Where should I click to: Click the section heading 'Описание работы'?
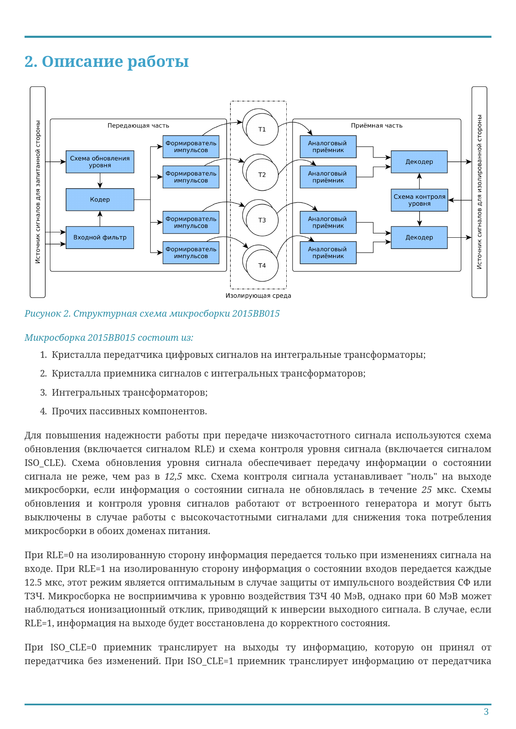(107, 62)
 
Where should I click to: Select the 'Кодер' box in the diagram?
(100, 199)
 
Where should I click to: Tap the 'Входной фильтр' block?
(100, 237)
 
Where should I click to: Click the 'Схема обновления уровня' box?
(100, 162)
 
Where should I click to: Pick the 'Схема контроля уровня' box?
(419, 200)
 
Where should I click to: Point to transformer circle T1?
(262, 129)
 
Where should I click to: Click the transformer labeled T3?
(262, 220)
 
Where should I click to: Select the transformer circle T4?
(262, 266)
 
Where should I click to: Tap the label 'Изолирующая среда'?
(258, 296)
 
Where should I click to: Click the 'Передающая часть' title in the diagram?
(138, 126)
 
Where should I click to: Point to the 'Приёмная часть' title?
(377, 126)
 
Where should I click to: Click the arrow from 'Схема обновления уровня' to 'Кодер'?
(100, 180)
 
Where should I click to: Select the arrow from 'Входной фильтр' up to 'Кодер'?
(100, 219)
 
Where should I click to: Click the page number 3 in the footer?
(486, 712)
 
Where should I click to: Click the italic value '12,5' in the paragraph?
(173, 476)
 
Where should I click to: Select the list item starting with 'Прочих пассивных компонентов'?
(129, 411)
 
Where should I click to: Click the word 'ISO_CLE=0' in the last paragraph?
(73, 648)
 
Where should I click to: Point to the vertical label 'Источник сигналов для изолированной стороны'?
(479, 192)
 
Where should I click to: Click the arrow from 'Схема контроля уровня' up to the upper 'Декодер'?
(419, 181)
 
